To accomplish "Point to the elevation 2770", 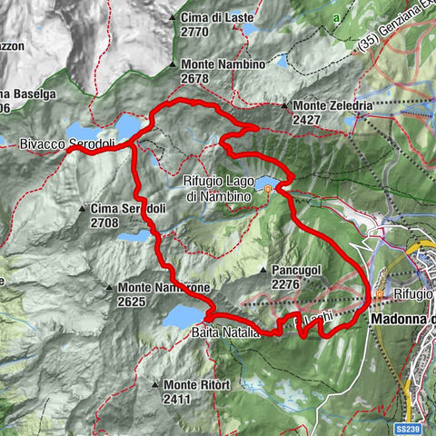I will [197, 31].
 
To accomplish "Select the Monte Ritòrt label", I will [196, 385].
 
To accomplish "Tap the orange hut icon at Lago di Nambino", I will [268, 189].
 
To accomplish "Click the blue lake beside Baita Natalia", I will [185, 316].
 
